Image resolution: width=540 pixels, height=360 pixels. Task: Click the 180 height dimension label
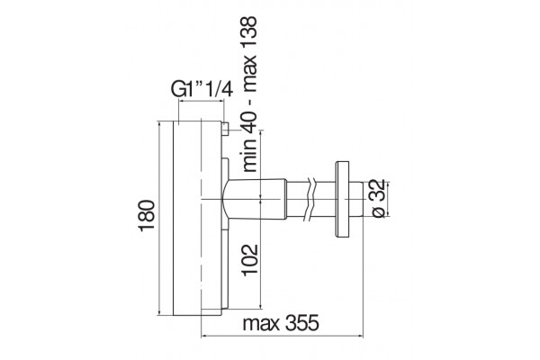147,215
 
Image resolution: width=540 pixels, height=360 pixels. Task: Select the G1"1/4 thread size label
202,90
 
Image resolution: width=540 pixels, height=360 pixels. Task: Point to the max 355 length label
281,323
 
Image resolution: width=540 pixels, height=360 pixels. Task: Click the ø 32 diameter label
379,199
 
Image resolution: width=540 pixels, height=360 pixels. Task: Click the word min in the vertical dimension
249,157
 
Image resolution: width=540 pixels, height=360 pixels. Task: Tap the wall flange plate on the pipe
343,199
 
